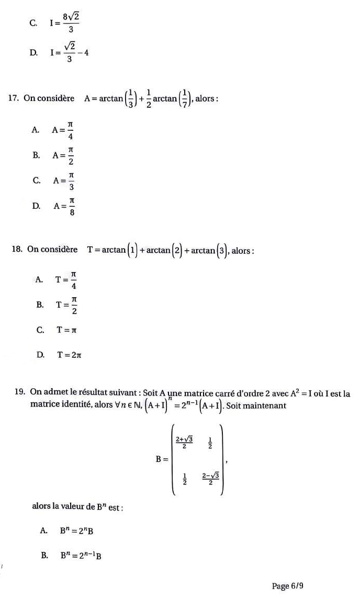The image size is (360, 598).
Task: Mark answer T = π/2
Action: [x=68, y=304]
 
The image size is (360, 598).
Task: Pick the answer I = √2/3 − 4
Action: [x=69, y=52]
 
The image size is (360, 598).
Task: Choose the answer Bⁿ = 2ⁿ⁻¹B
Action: [x=81, y=556]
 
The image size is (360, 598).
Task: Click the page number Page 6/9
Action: [x=288, y=586]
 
